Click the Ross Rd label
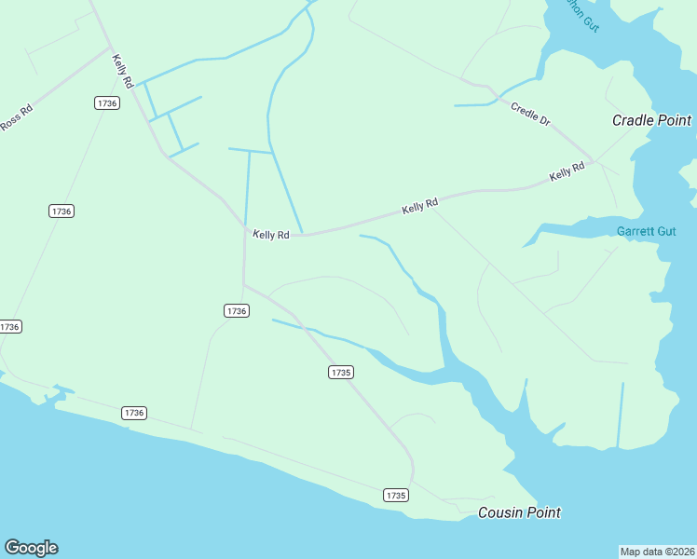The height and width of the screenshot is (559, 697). click(17, 119)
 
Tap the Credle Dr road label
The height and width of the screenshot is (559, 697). click(530, 115)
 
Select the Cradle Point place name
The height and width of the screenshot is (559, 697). click(651, 120)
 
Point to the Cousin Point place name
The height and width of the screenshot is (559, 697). click(519, 512)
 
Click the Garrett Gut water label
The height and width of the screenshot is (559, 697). click(646, 231)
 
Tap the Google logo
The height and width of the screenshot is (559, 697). click(31, 548)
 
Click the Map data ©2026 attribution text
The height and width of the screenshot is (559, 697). click(657, 552)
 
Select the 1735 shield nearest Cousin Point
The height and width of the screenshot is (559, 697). click(395, 496)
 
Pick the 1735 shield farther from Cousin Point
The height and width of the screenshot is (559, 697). click(340, 372)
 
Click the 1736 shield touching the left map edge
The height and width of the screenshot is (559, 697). click(9, 327)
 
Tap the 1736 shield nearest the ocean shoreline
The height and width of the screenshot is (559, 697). click(134, 413)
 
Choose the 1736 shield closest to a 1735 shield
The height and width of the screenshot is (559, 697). click(236, 310)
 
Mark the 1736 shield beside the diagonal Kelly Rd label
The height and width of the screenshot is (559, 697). click(106, 102)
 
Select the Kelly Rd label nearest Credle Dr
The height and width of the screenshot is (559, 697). click(567, 171)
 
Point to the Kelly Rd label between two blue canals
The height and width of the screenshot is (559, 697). click(271, 235)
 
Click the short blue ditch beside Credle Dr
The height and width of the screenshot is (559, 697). click(477, 105)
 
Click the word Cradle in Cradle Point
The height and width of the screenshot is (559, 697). click(634, 120)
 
